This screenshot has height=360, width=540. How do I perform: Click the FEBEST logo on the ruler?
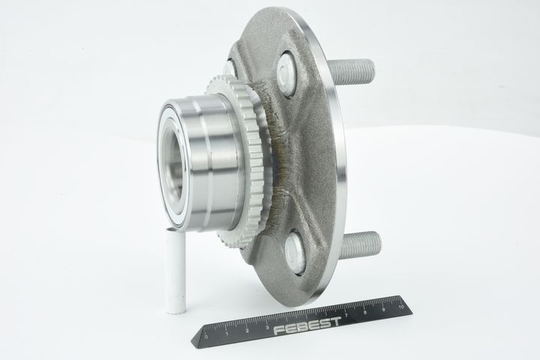[x=307, y=326]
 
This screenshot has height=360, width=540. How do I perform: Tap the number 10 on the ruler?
[x=400, y=306]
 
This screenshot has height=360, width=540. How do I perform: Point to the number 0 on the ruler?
[x=206, y=337]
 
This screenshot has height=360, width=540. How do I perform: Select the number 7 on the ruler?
[x=346, y=315]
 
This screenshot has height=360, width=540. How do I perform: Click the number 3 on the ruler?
[x=267, y=327]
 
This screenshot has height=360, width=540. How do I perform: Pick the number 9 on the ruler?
[x=383, y=309]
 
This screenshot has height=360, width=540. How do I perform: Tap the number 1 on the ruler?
[x=226, y=334]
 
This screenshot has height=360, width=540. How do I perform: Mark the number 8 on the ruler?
[x=364, y=312]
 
